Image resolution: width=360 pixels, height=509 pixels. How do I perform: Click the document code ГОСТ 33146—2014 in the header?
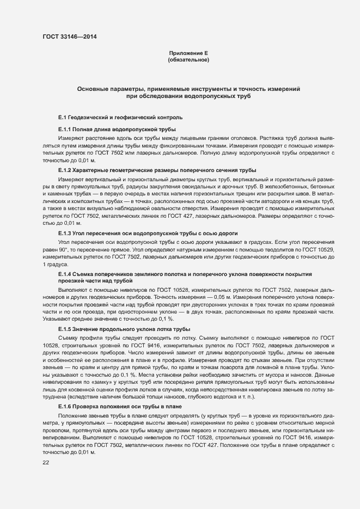click(70, 37)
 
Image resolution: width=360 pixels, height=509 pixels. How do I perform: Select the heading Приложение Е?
click(188, 53)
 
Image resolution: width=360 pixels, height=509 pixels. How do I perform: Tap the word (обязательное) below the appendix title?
click(188, 60)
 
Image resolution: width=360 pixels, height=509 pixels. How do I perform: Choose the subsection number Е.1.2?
click(65, 170)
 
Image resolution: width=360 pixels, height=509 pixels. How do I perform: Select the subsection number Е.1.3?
click(65, 234)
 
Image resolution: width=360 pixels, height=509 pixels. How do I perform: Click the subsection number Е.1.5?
click(65, 329)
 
